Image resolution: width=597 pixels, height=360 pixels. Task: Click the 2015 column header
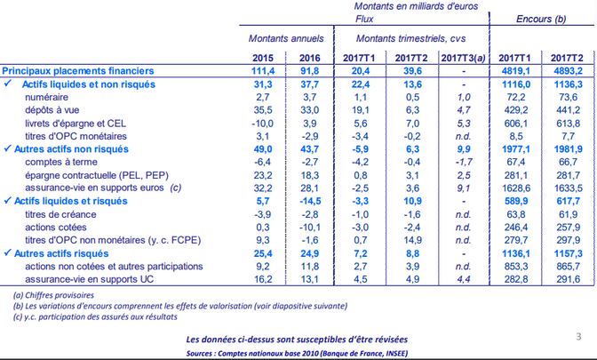(263, 58)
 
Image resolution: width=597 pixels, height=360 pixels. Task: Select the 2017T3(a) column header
(464, 58)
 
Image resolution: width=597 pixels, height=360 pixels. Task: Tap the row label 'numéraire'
(46, 97)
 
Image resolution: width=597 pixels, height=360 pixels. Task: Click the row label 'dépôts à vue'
(52, 110)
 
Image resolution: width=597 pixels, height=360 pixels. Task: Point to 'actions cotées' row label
(56, 228)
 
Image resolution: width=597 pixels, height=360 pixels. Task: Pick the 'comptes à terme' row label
(61, 162)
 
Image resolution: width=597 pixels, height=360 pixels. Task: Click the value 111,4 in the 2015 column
(263, 71)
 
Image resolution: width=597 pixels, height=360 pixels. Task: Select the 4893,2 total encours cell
(567, 71)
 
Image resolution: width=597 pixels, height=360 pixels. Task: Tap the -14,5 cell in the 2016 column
(309, 201)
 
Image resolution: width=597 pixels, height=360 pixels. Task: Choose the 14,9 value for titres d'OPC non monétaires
(412, 240)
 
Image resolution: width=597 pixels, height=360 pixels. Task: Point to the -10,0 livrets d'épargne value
(262, 124)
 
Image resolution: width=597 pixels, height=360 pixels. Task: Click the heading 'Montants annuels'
(286, 38)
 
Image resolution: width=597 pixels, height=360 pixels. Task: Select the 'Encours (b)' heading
(541, 19)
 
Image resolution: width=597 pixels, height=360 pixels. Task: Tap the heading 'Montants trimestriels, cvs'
(410, 38)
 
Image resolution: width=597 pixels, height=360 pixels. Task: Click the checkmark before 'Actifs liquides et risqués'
(7, 200)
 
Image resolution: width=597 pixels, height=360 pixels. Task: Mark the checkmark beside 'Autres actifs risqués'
(7, 253)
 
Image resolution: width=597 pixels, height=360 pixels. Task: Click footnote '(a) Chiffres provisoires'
(53, 295)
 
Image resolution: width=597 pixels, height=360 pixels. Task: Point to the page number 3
(578, 336)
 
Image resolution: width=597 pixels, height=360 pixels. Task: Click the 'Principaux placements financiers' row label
(78, 71)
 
